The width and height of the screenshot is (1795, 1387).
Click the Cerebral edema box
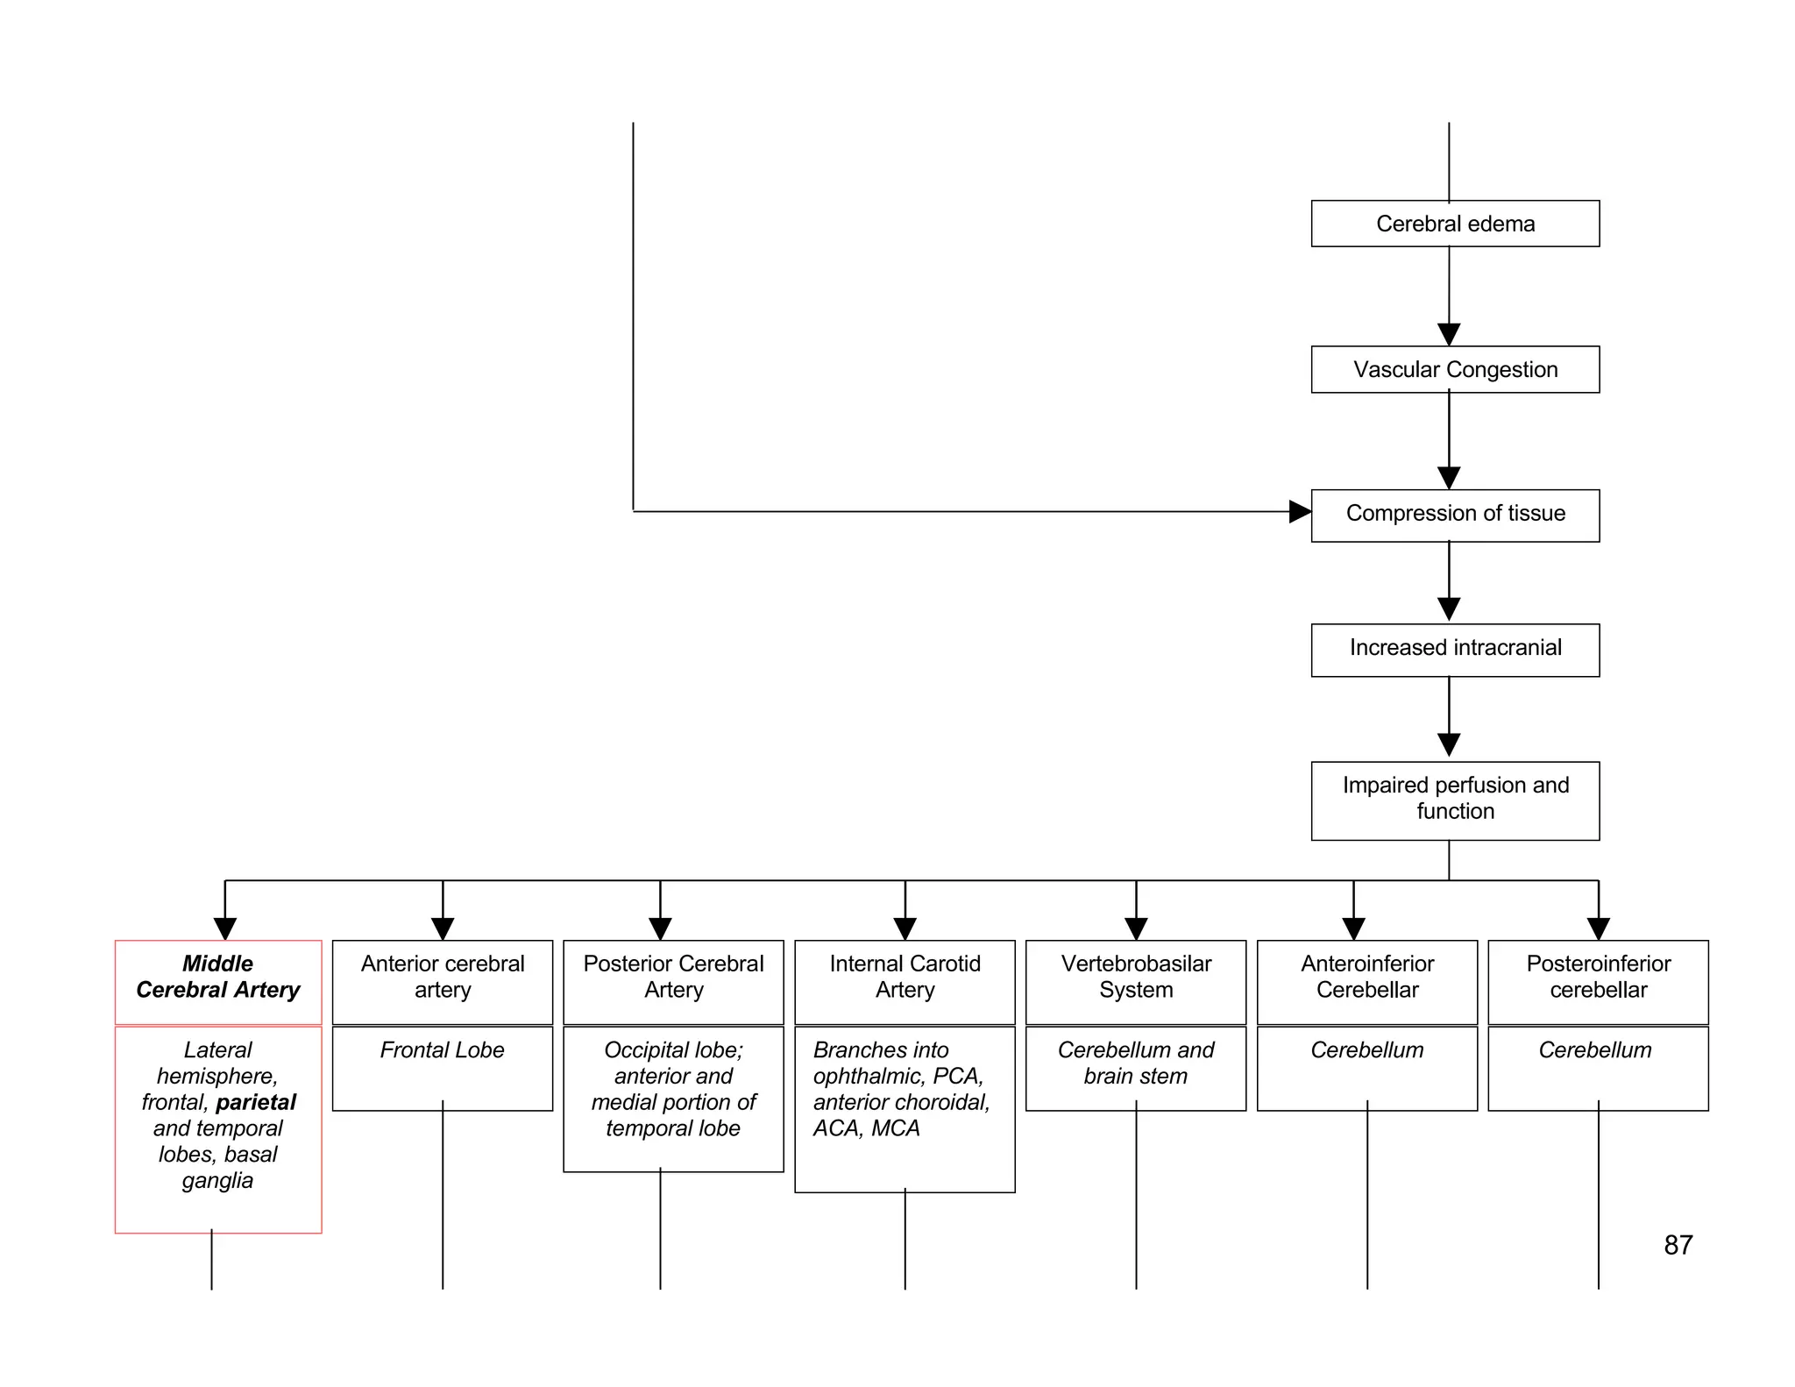(1454, 224)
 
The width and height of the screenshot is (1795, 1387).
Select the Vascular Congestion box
(1454, 369)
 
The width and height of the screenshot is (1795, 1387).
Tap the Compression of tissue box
(1454, 515)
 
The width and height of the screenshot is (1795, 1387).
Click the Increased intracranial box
(1454, 650)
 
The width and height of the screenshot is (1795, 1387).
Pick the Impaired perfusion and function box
(1454, 800)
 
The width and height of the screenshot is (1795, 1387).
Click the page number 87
(1678, 1245)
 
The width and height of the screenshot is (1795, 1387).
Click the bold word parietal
(256, 1102)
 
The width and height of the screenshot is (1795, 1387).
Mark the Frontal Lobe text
(442, 1050)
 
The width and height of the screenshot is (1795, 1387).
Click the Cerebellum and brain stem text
(1136, 1063)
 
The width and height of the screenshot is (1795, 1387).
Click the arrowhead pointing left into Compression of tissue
(1300, 511)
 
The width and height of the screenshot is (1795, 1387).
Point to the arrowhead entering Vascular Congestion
(1449, 334)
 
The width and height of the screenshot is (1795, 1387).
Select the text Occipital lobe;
(673, 1050)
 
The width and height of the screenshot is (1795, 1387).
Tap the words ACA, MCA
(866, 1128)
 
